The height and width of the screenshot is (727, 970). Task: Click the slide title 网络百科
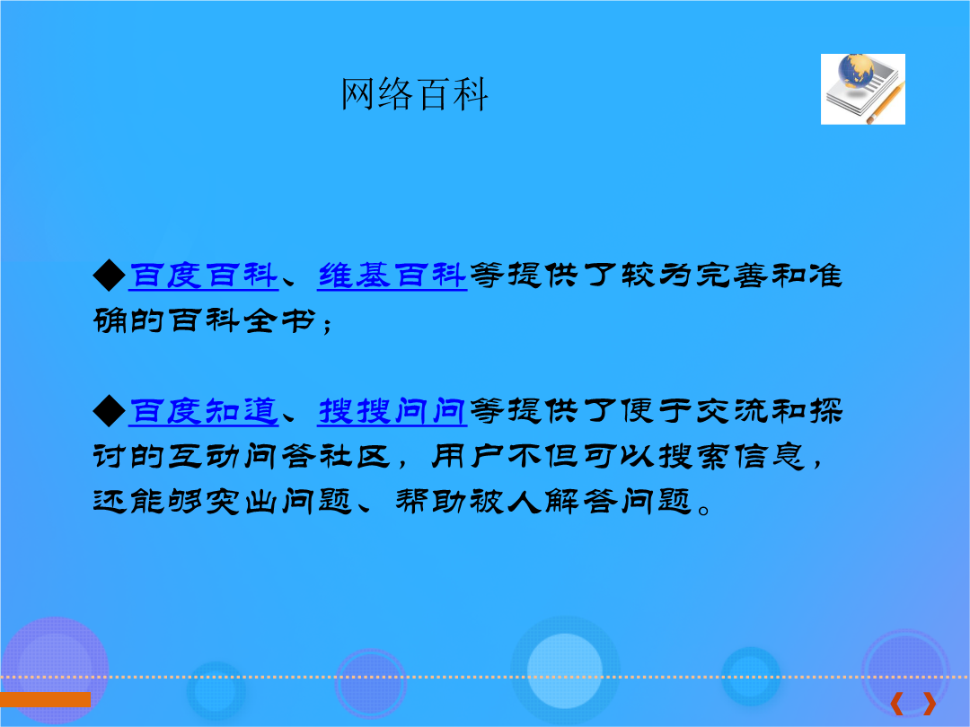[x=414, y=94]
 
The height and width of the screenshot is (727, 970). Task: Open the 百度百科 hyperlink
[x=204, y=276]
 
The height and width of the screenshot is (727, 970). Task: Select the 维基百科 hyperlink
[x=392, y=276]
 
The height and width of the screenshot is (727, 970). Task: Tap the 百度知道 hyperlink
[x=204, y=411]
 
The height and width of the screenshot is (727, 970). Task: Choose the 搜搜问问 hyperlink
[x=392, y=411]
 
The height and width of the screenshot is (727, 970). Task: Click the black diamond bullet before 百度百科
[x=110, y=276]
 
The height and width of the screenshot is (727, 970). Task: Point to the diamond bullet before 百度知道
[x=110, y=411]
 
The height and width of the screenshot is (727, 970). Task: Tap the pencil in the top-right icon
[x=886, y=102]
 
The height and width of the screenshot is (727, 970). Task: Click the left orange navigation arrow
[x=896, y=704]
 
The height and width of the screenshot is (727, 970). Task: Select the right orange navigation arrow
[x=930, y=704]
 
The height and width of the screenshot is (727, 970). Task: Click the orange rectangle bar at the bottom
[x=45, y=699]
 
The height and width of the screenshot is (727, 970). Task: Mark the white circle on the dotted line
[x=564, y=670]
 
